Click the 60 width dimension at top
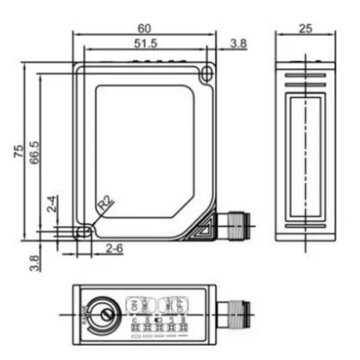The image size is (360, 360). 145,27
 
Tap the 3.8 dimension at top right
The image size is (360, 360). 238,42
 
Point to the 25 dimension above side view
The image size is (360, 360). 303,28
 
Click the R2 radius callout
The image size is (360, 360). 106,203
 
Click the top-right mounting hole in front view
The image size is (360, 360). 208,72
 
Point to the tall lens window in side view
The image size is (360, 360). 304,149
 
